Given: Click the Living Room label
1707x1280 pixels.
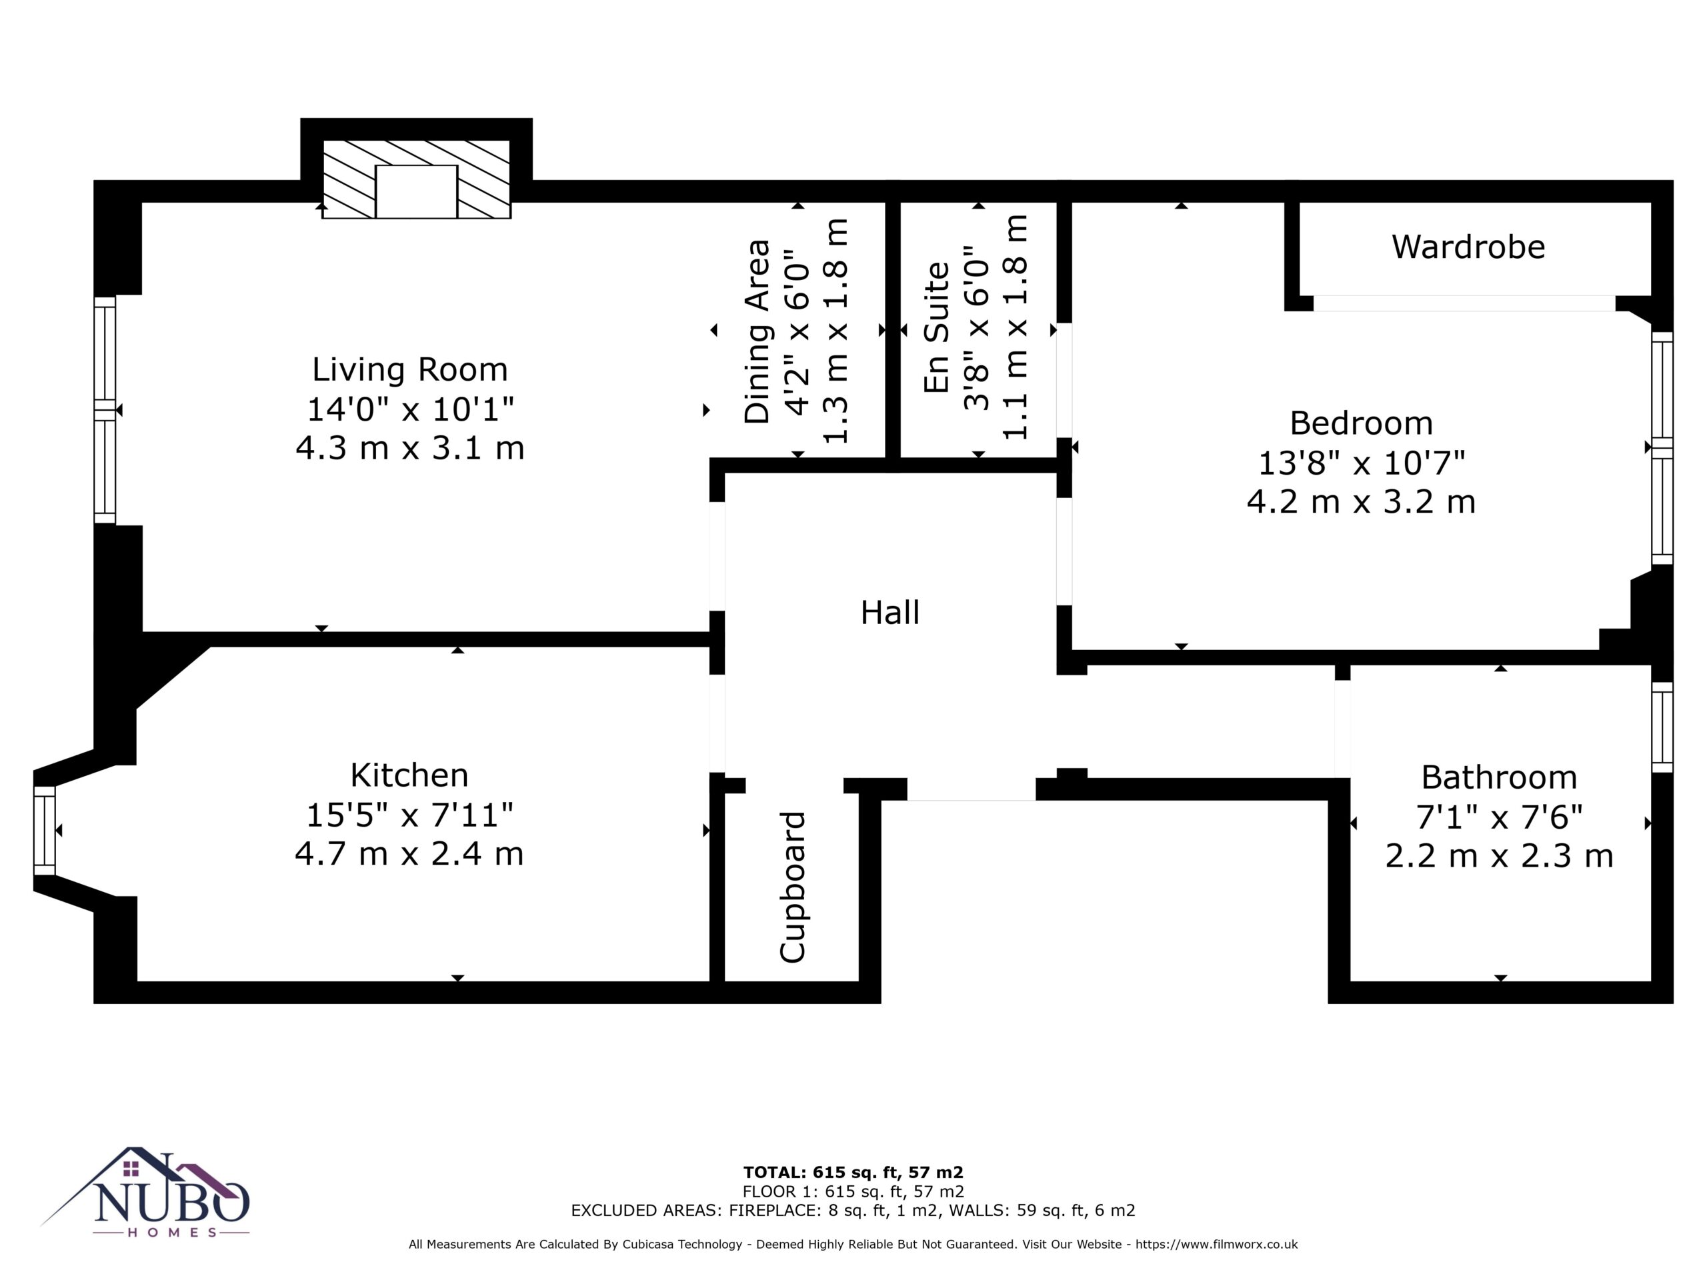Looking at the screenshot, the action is coord(410,369).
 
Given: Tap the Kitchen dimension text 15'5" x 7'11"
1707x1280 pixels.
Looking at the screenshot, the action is coord(410,815).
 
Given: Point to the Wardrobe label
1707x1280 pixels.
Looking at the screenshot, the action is coord(1468,247).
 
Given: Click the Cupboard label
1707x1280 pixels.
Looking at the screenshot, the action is coord(793,887).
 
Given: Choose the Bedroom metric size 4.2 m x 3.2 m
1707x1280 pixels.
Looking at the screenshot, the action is coord(1362,502).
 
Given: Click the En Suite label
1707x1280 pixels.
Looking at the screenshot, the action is coord(937,327).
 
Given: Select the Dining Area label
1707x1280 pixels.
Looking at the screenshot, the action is coord(757,332).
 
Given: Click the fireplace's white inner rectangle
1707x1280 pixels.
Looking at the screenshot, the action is coord(417,191).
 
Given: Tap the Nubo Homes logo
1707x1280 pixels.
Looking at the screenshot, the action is coord(145,1191).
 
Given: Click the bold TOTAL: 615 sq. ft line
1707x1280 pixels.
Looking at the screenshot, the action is coord(853,1173).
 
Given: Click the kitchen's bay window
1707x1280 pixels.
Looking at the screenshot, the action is coord(45,830).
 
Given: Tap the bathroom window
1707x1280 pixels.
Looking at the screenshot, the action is coord(1662,727).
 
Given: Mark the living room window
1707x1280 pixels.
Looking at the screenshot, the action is coord(105,411).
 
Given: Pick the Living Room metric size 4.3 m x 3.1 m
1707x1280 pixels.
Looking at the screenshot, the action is coord(410,448).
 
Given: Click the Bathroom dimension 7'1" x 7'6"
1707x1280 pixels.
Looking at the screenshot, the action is coord(1500,816).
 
